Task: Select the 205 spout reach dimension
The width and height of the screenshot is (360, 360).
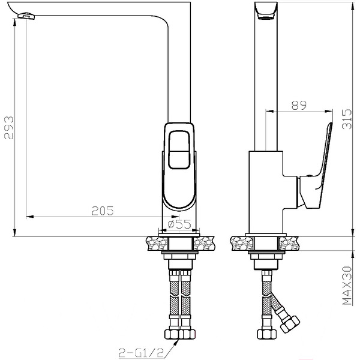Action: [x=102, y=210]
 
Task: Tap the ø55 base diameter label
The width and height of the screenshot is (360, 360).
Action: [x=178, y=224]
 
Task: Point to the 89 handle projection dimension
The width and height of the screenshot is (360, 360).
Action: [x=298, y=105]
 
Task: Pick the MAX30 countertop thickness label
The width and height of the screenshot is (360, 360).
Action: [x=345, y=287]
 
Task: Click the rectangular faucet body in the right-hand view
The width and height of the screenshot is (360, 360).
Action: [x=265, y=192]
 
